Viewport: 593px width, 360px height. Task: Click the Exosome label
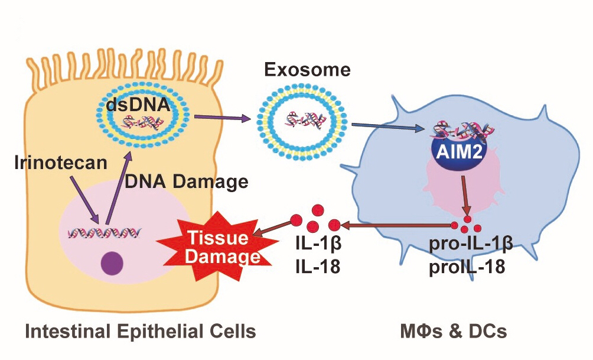pos(307,71)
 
